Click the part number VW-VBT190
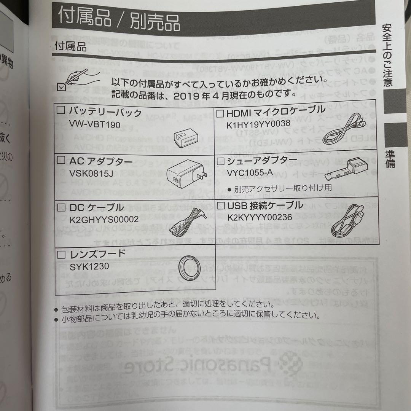pos(94,124)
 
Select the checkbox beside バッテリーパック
pos(61,111)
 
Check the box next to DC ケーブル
pos(61,207)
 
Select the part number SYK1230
pos(89,266)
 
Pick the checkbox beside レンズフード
pos(61,254)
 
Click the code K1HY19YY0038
pos(258,124)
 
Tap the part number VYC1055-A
pos(250,173)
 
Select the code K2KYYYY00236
pos(260,217)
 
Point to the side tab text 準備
pos(389,159)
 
